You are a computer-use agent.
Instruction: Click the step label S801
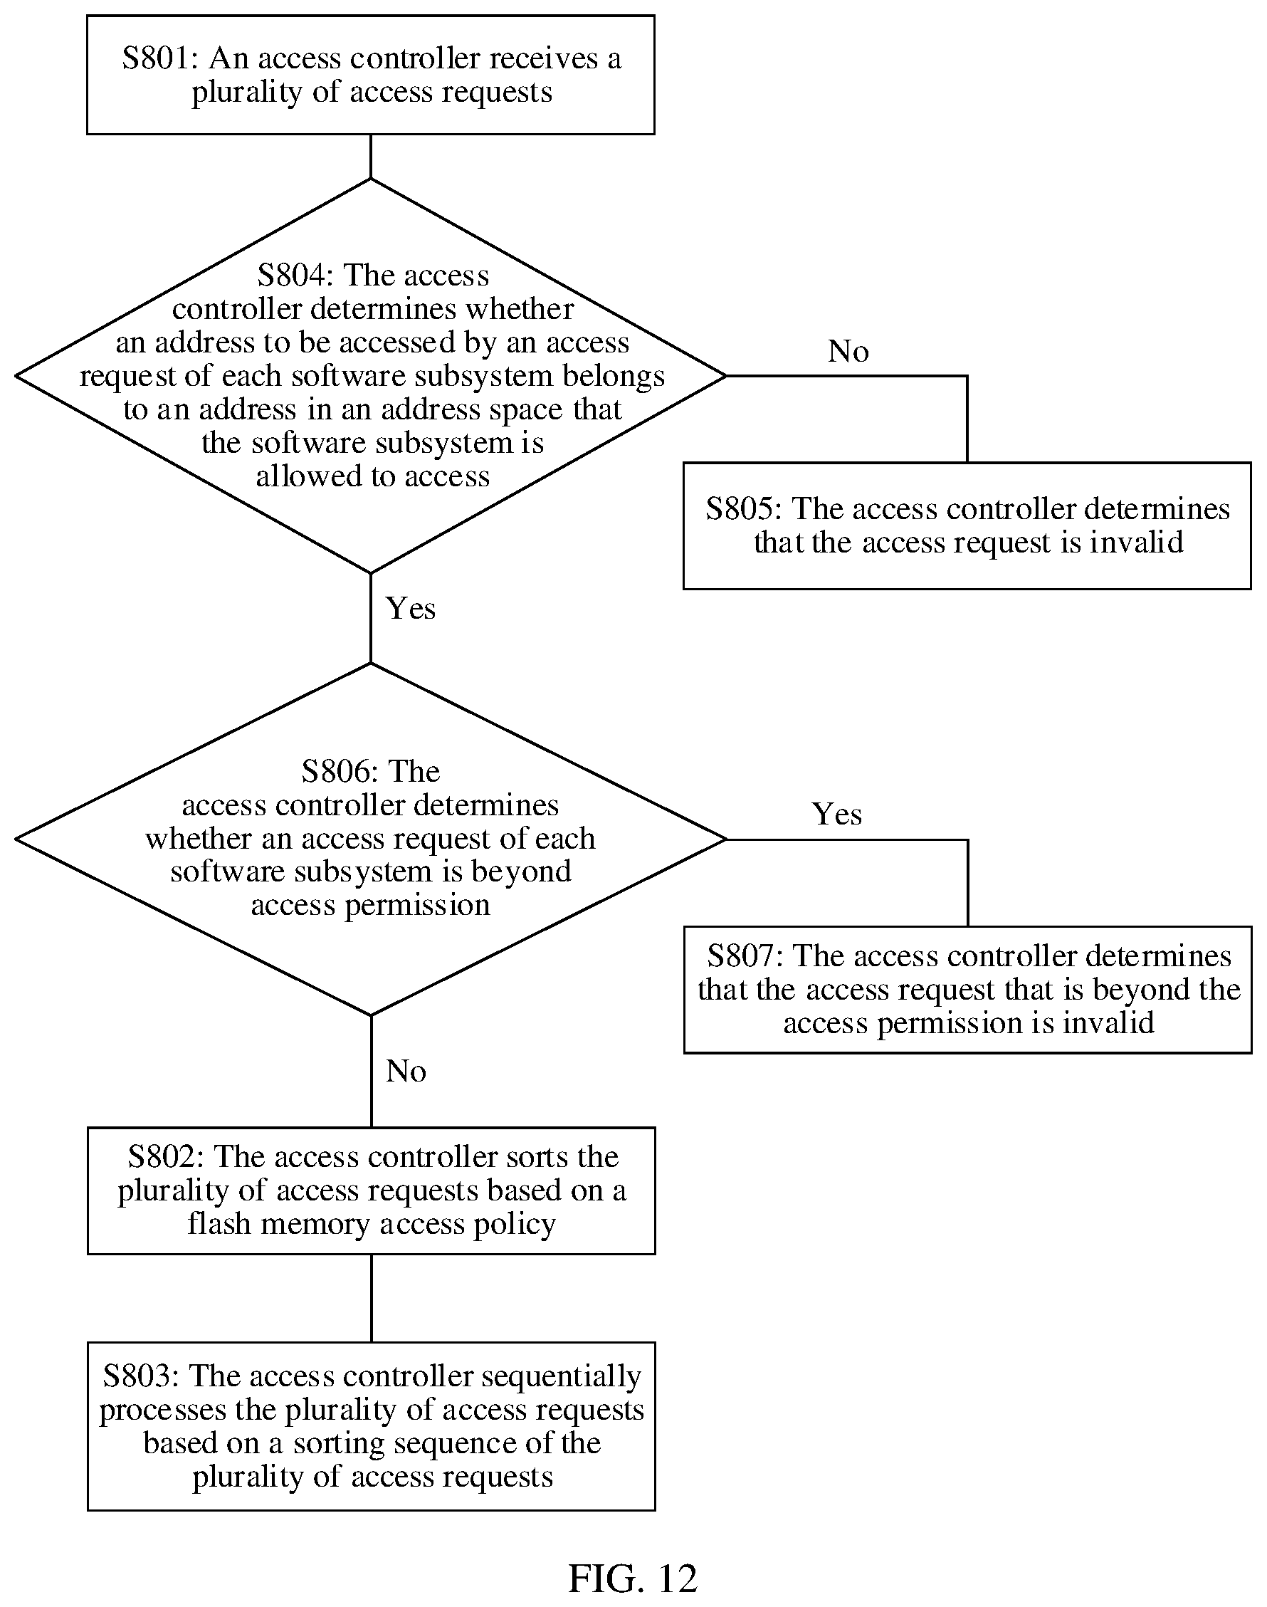click(x=158, y=58)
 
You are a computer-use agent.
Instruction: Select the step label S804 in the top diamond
click(x=293, y=276)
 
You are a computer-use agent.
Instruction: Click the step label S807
click(x=742, y=956)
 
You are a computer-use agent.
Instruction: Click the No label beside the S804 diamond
click(x=848, y=351)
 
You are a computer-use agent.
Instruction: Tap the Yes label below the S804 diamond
click(x=410, y=608)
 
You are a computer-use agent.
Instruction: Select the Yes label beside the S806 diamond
click(x=837, y=814)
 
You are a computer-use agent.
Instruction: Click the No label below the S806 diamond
click(x=406, y=1072)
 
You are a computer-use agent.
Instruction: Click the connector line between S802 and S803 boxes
click(x=371, y=1299)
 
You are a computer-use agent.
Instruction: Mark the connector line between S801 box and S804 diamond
click(x=371, y=157)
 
